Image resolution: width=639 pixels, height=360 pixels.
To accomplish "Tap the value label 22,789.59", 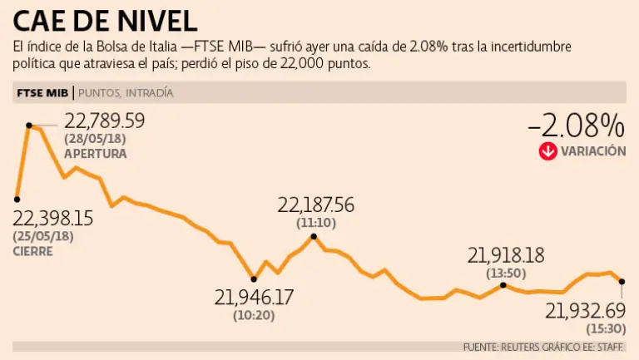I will coord(105,121).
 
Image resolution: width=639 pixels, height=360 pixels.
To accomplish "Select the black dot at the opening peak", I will coord(29,126).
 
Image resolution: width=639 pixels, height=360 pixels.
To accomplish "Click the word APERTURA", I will coord(96,154).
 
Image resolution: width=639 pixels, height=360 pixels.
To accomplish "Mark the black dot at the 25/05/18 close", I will coord(17,199).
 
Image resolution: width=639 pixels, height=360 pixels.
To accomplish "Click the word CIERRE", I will coord(32,250).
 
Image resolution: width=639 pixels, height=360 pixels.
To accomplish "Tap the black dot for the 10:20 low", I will coord(254,278).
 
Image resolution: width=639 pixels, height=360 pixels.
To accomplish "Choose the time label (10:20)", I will coord(255,315).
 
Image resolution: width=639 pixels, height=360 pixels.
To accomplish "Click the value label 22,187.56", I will coord(315,205).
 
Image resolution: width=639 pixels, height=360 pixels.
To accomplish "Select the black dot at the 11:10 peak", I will coord(314,236).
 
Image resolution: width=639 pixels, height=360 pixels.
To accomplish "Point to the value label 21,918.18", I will coord(506,255).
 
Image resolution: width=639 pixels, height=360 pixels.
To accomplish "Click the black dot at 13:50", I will coord(504,284).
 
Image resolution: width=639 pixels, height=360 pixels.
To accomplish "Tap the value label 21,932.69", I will coord(585,311).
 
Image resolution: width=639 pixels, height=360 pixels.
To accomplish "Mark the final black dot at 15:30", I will coord(622,281).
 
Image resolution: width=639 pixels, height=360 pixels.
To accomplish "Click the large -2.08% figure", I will coord(576,126).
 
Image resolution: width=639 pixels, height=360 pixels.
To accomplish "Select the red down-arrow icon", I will coord(547,151).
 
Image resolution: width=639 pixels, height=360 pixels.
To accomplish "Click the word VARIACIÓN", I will coord(593,151).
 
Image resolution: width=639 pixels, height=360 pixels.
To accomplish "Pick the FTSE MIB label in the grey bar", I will coord(42,92).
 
